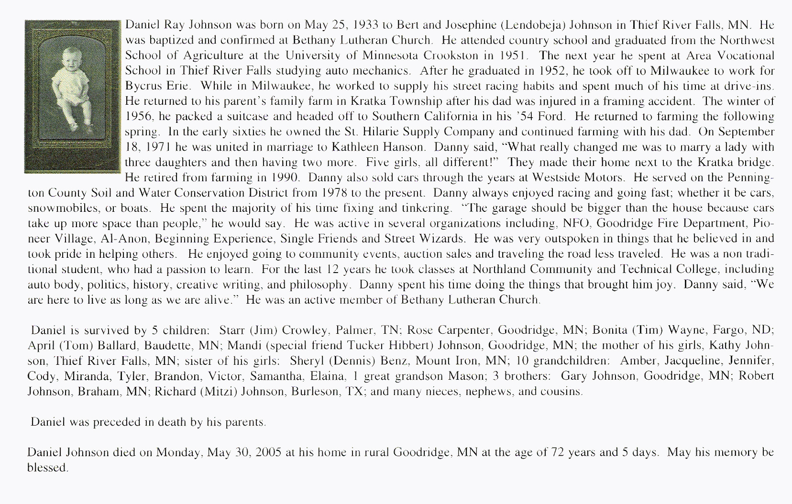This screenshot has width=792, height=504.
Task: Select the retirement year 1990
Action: pos(285,178)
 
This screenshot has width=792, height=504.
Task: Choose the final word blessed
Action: pos(47,468)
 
